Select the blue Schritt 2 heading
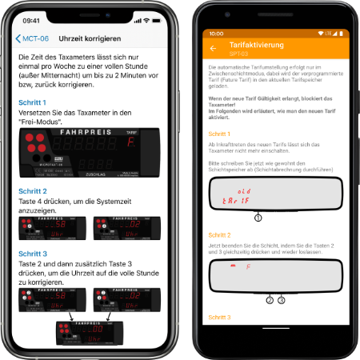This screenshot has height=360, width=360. [x=34, y=192]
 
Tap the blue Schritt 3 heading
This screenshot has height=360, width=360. [x=34, y=252]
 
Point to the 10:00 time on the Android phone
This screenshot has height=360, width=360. [x=216, y=34]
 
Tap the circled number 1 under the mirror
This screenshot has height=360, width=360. [x=258, y=218]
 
